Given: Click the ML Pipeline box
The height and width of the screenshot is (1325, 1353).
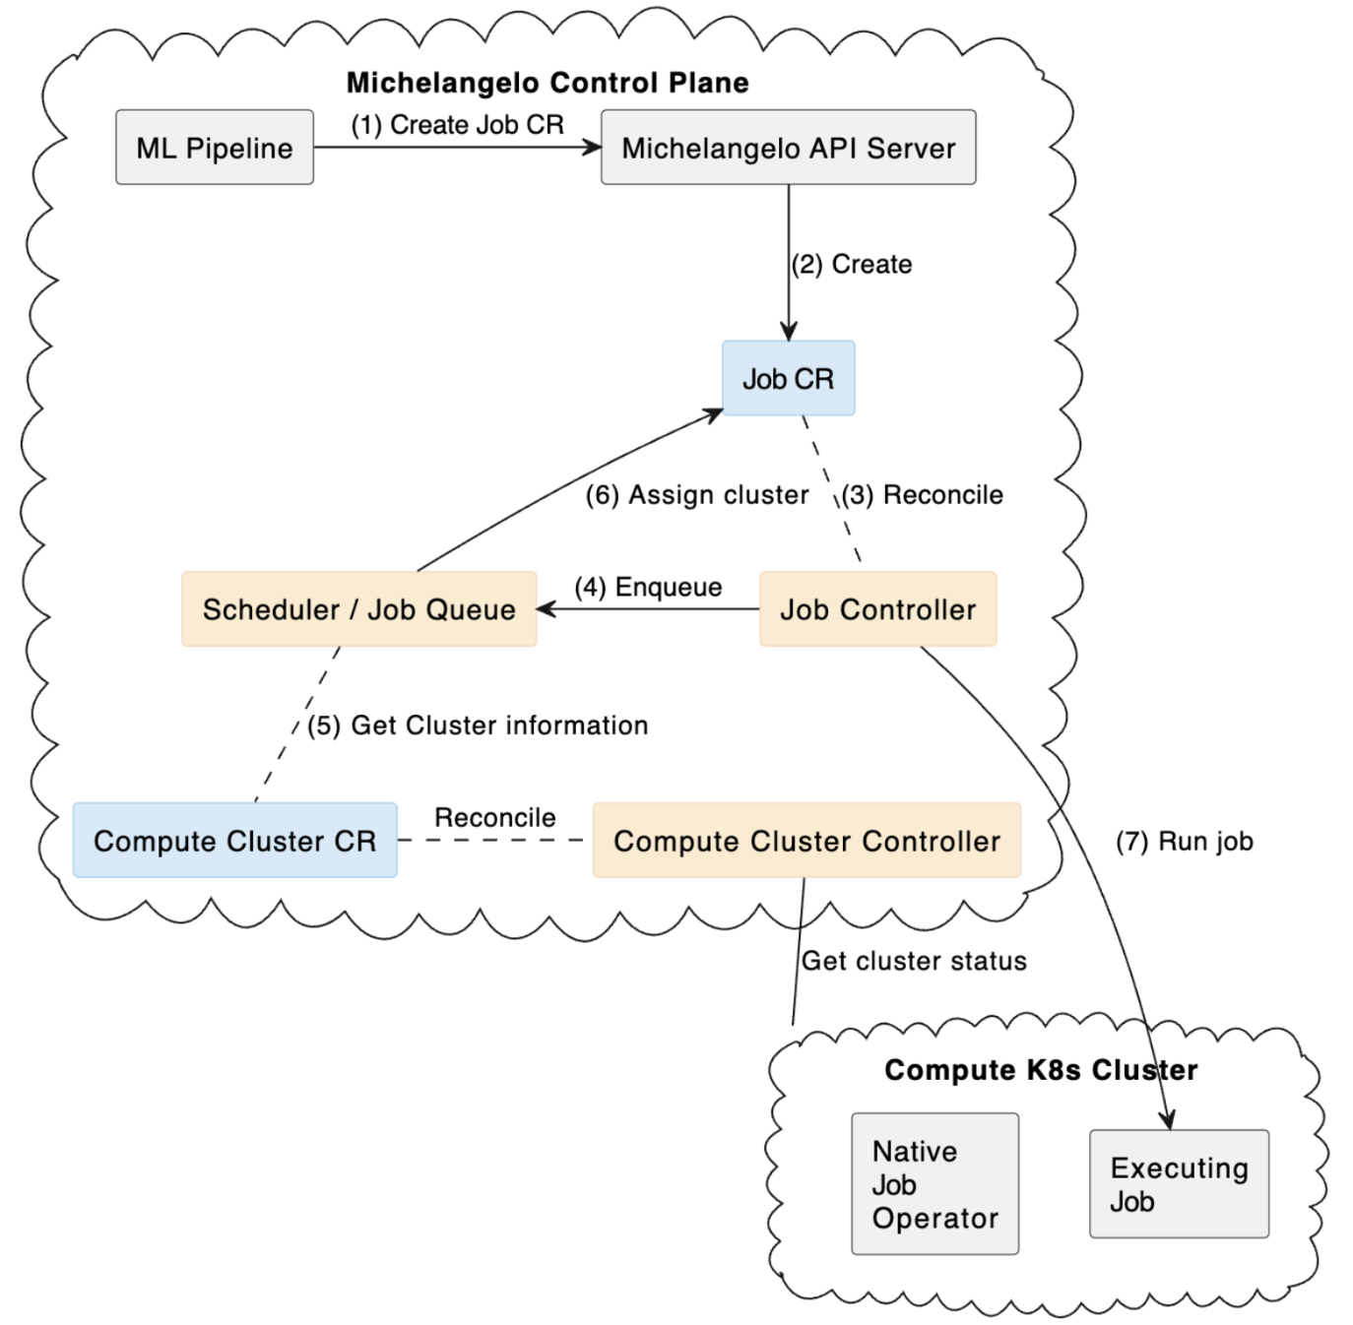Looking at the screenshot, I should (215, 148).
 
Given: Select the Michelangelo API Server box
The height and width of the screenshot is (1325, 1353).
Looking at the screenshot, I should (788, 148).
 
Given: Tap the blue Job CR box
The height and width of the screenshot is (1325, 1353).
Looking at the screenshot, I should (788, 379).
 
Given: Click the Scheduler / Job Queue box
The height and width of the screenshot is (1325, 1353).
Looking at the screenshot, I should (358, 609).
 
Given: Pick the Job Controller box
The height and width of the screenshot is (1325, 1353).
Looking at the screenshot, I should (877, 609).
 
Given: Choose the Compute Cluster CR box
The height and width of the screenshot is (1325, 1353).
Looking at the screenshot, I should (234, 841).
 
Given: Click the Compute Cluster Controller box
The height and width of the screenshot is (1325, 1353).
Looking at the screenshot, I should (806, 841).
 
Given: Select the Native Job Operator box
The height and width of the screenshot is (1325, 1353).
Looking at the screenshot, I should (934, 1184).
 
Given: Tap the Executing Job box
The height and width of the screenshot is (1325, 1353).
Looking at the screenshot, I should (1179, 1184).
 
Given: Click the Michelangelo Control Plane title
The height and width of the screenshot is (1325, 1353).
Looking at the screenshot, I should (548, 83).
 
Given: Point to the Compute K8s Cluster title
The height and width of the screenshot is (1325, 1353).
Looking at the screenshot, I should (1041, 1070).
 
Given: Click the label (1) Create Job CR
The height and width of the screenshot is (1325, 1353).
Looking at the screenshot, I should (458, 125).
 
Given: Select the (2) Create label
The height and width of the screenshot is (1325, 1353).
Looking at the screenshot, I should (852, 264).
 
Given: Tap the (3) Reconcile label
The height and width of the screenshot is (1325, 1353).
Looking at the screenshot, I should (923, 494).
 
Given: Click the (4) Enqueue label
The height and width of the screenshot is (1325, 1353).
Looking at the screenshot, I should (648, 587).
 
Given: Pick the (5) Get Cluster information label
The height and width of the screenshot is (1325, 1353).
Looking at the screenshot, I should (478, 726).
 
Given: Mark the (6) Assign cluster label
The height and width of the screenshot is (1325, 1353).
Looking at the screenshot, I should (697, 494).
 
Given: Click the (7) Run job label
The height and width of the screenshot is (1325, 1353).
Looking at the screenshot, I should (1184, 842).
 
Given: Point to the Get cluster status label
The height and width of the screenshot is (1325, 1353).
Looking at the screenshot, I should (914, 961).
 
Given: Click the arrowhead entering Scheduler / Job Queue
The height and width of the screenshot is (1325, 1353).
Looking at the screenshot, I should (546, 609).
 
